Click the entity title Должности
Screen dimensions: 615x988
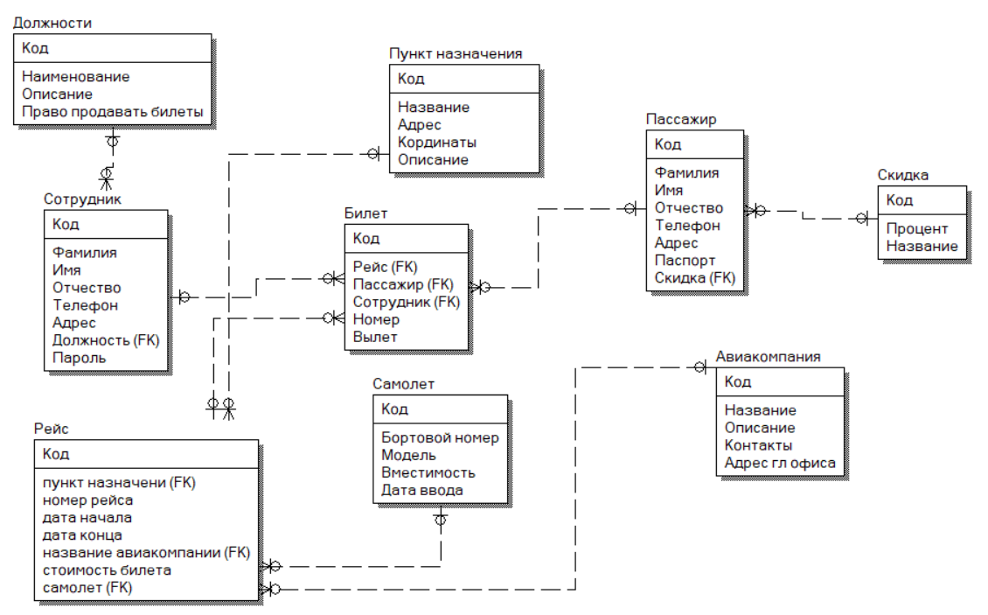pos(53,23)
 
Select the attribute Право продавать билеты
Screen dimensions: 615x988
pos(113,111)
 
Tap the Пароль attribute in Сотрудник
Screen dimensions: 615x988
pos(80,357)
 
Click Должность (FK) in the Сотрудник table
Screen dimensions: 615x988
pos(107,339)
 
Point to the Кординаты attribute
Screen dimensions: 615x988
pos(437,142)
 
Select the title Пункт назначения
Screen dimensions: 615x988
pos(456,53)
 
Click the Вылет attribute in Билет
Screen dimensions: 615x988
pos(375,337)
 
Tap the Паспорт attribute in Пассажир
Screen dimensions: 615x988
pos(685,260)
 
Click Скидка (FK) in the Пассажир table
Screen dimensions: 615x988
pos(695,277)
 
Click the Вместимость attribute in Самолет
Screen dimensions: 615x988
pos(428,472)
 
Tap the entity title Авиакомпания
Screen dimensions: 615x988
pos(768,356)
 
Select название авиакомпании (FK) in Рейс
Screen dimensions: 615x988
pos(145,552)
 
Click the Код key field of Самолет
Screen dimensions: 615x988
pos(394,409)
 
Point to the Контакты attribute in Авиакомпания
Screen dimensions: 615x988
pos(757,444)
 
